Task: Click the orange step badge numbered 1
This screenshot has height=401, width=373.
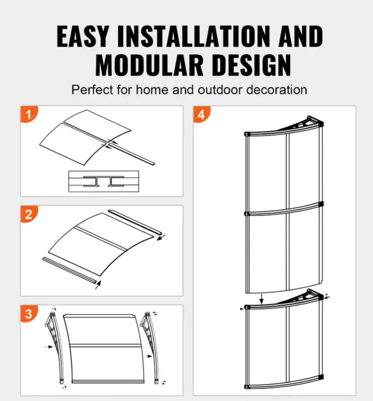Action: click(28, 114)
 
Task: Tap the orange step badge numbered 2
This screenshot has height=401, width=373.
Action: click(28, 214)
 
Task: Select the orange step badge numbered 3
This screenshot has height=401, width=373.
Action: click(28, 314)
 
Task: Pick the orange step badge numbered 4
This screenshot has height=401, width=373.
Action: click(201, 114)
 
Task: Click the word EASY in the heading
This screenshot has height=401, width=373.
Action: click(83, 36)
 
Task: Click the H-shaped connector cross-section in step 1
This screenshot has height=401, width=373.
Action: click(103, 182)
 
